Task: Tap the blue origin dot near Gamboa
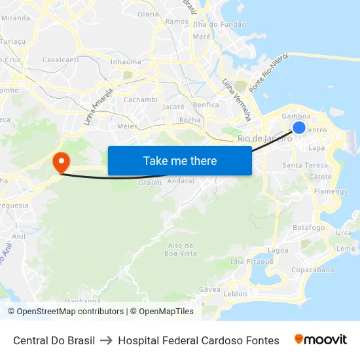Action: pyautogui.click(x=298, y=127)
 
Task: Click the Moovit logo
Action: pyautogui.click(x=321, y=340)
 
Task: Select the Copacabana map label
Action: pyautogui.click(x=312, y=270)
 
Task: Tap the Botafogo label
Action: pyautogui.click(x=309, y=228)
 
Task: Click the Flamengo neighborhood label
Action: pyautogui.click(x=331, y=191)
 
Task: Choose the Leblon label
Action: pyautogui.click(x=235, y=294)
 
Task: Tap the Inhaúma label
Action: pyautogui.click(x=125, y=62)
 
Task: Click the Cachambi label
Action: pyautogui.click(x=141, y=99)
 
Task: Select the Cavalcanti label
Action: pyautogui.click(x=60, y=60)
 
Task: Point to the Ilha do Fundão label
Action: pyautogui.click(x=220, y=24)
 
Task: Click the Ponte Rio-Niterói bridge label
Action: pyautogui.click(x=268, y=73)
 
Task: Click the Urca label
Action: pyautogui.click(x=343, y=233)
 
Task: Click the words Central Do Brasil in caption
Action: pyautogui.click(x=54, y=340)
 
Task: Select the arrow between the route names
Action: pyautogui.click(x=106, y=340)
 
